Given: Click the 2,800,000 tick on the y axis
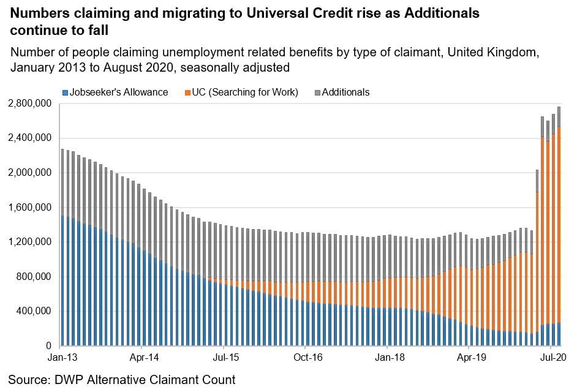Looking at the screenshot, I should (x=29, y=104).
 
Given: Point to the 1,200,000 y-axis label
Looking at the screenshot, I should (x=29, y=242).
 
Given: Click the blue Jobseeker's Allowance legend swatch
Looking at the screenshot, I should (x=65, y=92).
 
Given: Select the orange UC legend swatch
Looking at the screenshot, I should (x=187, y=92).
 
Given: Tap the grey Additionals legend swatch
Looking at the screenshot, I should (x=317, y=92).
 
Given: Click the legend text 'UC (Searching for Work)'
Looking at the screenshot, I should (x=245, y=92).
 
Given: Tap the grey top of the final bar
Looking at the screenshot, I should (x=559, y=116).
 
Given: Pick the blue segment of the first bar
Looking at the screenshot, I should (x=62, y=282).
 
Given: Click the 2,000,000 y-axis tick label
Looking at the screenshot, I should (x=29, y=173).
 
